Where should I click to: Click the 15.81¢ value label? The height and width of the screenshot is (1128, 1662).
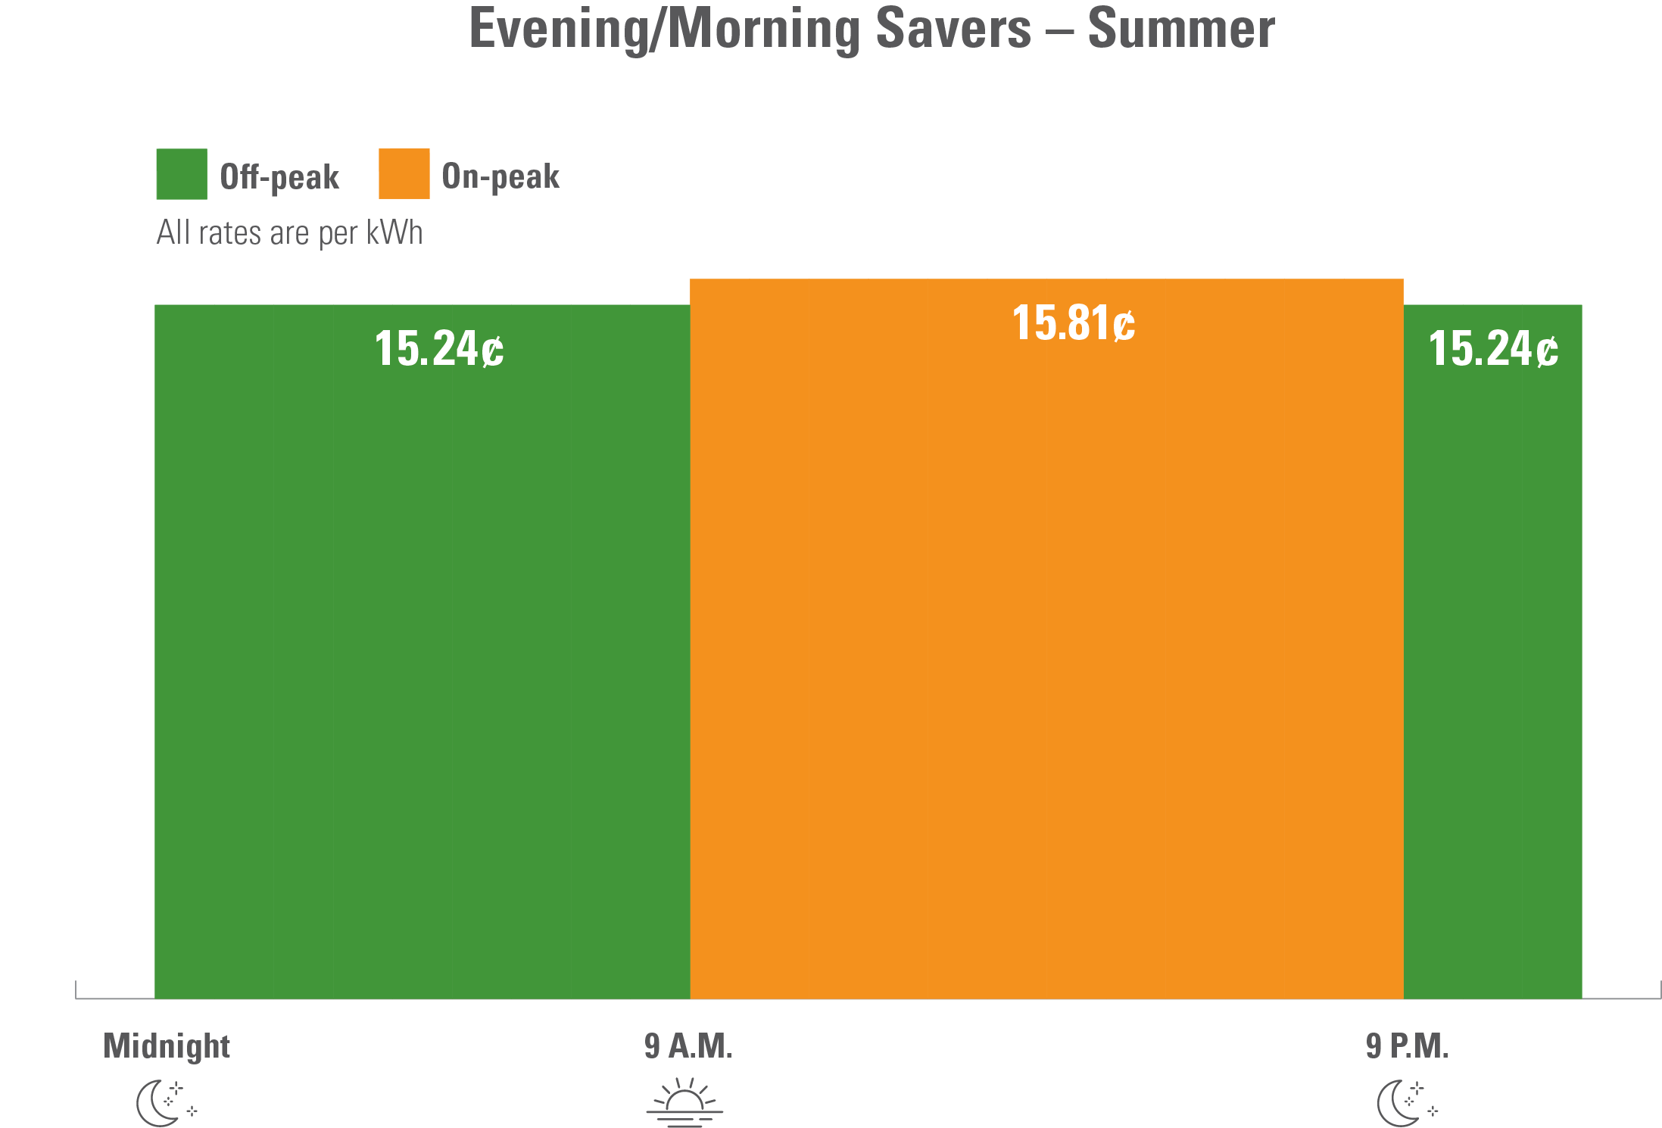(1073, 323)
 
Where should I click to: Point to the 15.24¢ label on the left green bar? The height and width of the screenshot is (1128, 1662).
(439, 349)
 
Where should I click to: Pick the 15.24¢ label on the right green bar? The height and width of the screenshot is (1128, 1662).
(1492, 349)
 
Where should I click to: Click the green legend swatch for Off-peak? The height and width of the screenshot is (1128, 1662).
(182, 174)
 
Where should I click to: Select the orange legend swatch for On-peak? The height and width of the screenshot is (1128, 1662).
(404, 174)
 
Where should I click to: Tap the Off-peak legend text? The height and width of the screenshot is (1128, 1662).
(279, 177)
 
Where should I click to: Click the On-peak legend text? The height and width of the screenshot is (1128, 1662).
(500, 176)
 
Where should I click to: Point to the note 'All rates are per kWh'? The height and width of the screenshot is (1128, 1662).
(289, 233)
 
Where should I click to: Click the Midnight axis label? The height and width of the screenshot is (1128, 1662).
(167, 1046)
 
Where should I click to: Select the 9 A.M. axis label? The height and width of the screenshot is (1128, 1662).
(688, 1046)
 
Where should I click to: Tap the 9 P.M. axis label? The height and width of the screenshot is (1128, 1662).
(1407, 1046)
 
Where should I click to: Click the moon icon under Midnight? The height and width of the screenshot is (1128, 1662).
(163, 1104)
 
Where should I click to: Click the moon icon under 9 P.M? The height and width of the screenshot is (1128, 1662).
(1405, 1104)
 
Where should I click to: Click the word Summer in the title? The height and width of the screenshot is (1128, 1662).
(1181, 29)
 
